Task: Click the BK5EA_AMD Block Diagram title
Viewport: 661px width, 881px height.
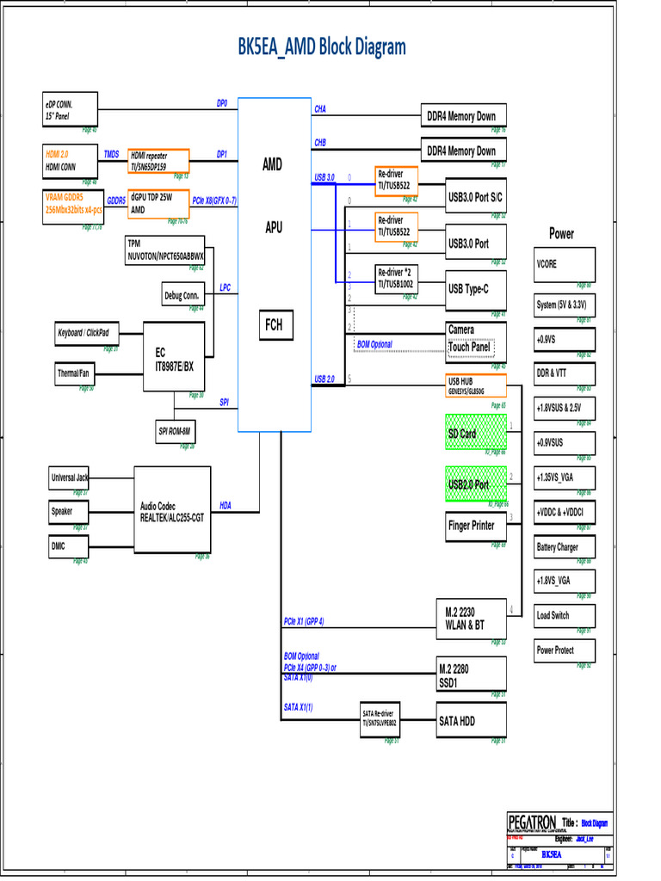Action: pyautogui.click(x=322, y=47)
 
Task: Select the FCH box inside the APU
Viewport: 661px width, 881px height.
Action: pyautogui.click(x=273, y=325)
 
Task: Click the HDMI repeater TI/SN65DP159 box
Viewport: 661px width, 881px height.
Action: pyautogui.click(x=158, y=161)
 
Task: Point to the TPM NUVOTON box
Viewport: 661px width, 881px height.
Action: pyautogui.click(x=165, y=250)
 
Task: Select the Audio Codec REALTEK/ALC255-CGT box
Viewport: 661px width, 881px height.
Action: pyautogui.click(x=172, y=512)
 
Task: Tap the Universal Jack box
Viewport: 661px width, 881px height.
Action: pyautogui.click(x=68, y=477)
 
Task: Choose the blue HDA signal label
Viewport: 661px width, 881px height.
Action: pyautogui.click(x=225, y=506)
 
